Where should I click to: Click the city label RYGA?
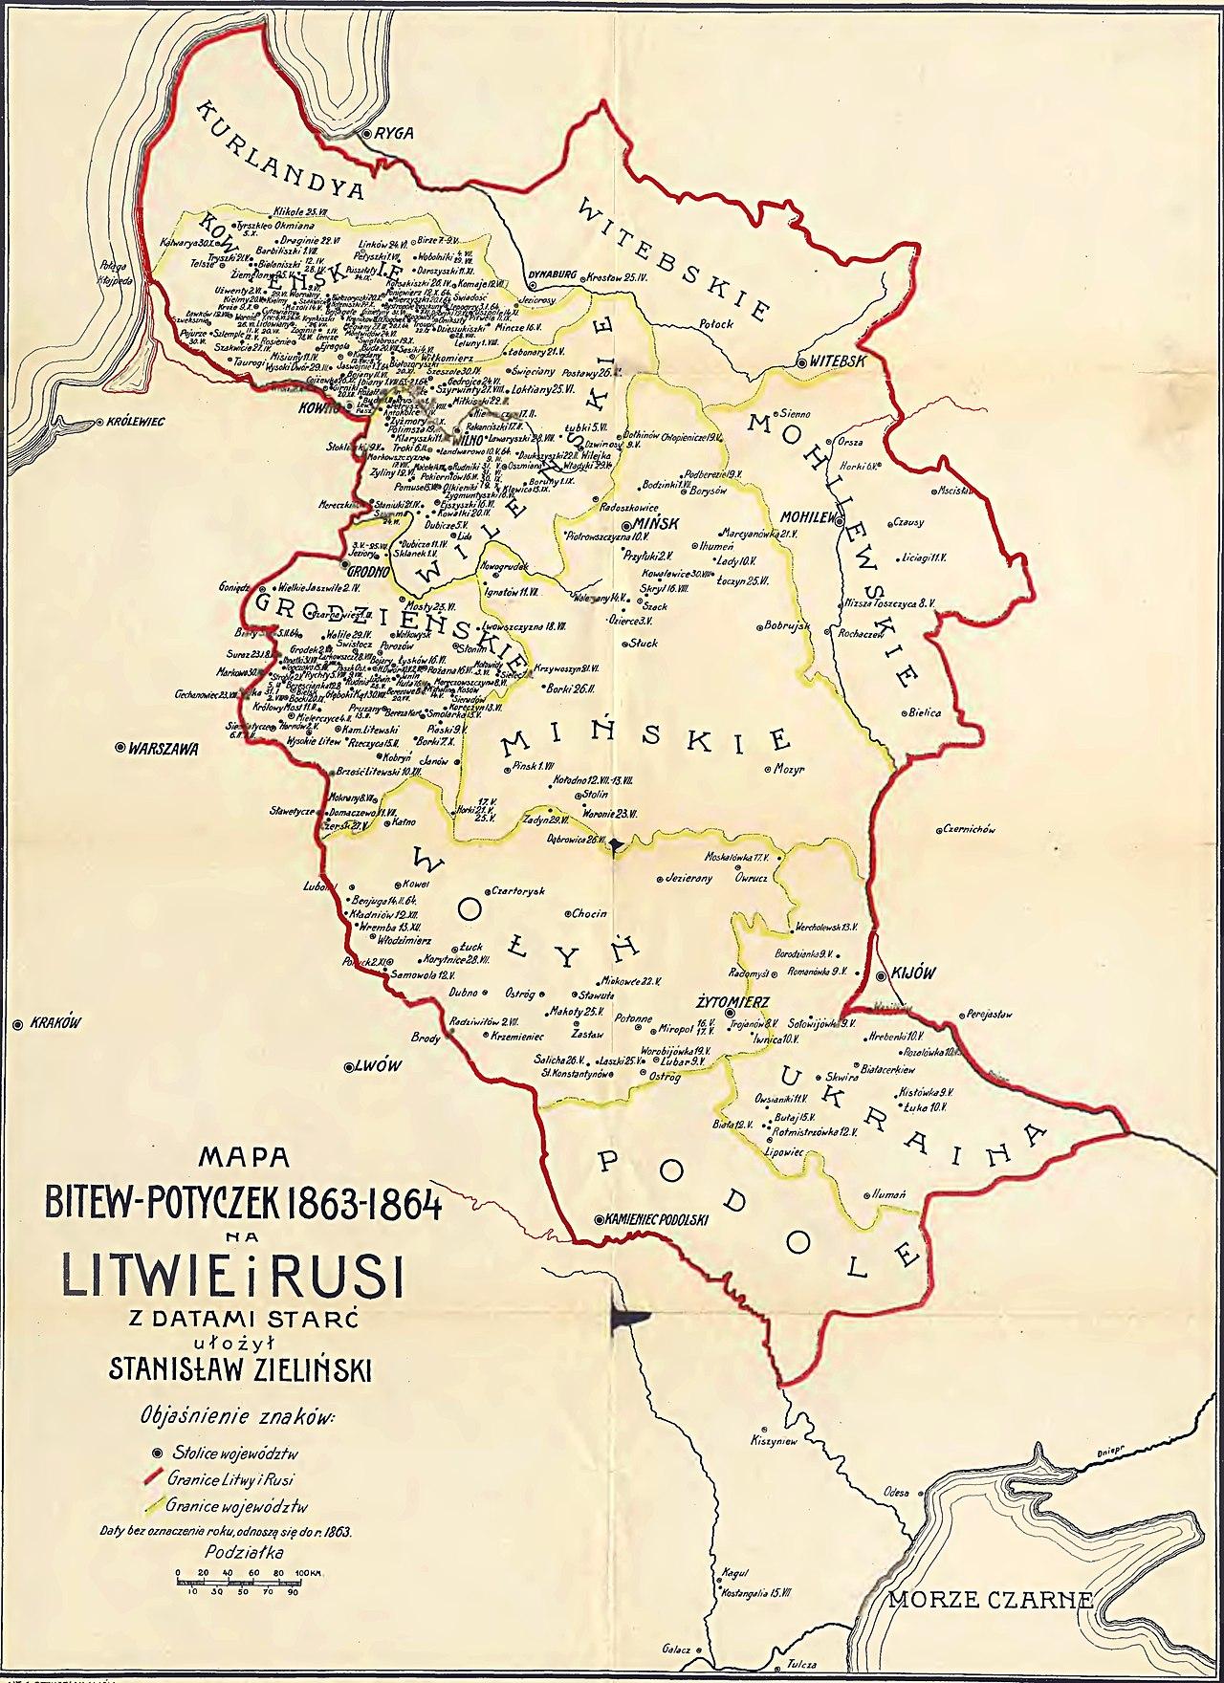[x=395, y=134]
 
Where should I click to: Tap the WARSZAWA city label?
[x=163, y=749]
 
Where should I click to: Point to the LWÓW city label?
[x=376, y=1066]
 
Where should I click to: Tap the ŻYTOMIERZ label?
[x=728, y=1000]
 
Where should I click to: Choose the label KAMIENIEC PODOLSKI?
[x=656, y=1218]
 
